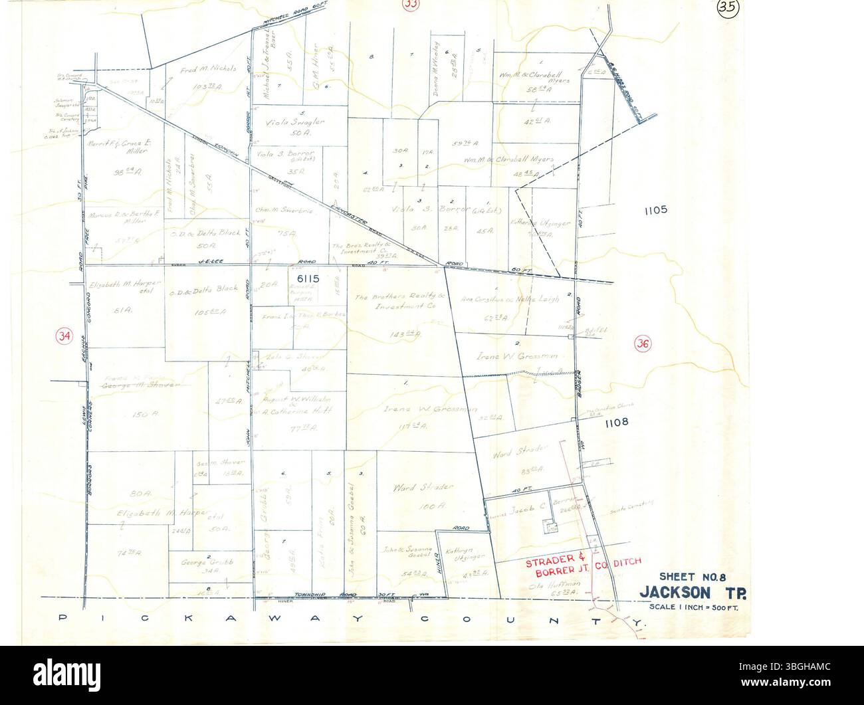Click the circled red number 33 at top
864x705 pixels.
click(412, 5)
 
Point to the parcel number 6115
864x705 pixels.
click(310, 280)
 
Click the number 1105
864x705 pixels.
click(655, 210)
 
